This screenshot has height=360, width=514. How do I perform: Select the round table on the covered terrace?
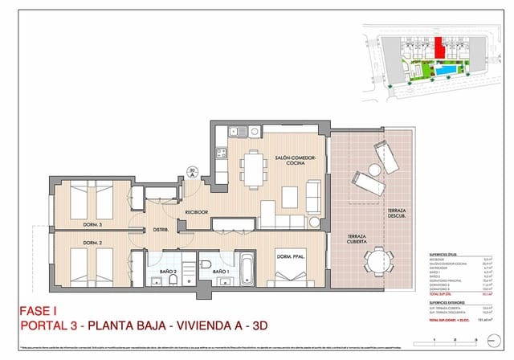click(x=378, y=261)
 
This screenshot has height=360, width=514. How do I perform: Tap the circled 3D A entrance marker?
click(x=192, y=170)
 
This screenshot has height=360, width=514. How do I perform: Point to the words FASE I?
click(x=39, y=310)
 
